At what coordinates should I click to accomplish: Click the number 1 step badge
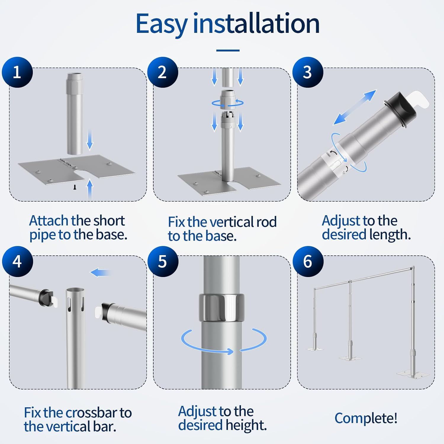[x=17, y=72]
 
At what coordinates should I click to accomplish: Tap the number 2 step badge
[x=163, y=72]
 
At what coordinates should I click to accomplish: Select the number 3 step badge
[x=308, y=72]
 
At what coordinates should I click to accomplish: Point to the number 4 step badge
[x=17, y=261]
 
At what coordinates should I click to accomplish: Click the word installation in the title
[x=256, y=23]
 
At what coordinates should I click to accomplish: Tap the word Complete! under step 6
[x=366, y=419]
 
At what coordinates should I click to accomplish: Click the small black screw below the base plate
[x=75, y=187]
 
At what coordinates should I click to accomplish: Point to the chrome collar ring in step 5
[x=221, y=308]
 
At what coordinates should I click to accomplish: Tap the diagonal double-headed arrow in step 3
[x=355, y=107]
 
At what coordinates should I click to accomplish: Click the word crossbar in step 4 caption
[x=89, y=413]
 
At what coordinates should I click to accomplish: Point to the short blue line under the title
[x=228, y=51]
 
